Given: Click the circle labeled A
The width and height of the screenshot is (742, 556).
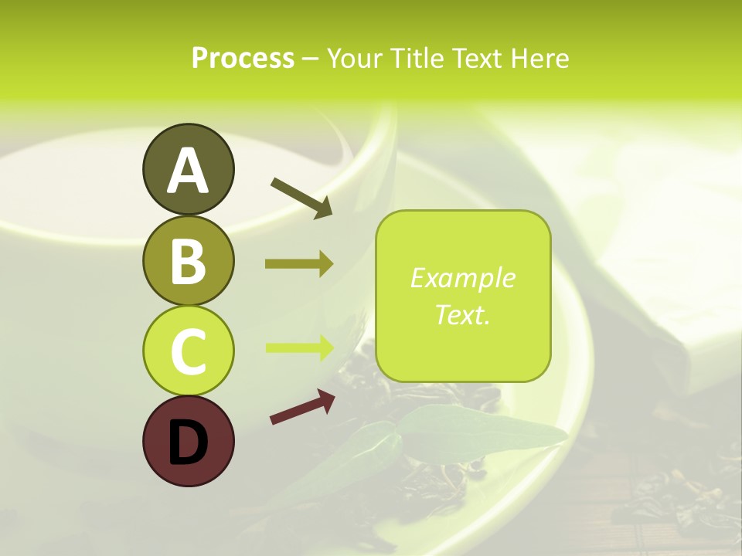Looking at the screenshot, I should point(188,169).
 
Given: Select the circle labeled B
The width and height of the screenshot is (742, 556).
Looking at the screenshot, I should point(188,260).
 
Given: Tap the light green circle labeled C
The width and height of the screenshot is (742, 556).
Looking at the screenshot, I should point(188,351).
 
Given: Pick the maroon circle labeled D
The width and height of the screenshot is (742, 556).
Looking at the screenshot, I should point(188,441).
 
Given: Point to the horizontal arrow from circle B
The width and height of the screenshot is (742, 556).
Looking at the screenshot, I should point(299,264).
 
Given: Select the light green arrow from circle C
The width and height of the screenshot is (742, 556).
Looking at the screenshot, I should point(299,347).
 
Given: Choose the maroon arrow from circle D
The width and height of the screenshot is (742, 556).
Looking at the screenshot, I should point(302,407).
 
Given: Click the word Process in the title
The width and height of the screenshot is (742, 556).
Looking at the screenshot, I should point(243,59).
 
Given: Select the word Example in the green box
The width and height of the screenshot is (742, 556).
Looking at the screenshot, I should point(462,278).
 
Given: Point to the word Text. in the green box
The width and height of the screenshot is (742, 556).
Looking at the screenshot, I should point(462,314).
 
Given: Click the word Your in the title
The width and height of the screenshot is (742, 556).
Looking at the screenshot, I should point(352,59).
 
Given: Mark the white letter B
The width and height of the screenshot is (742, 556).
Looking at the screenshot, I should point(188,260).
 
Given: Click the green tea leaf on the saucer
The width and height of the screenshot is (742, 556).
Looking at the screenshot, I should point(479,432).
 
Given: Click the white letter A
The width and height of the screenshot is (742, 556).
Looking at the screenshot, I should point(188,170).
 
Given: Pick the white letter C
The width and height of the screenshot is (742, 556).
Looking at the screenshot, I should point(188,351).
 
